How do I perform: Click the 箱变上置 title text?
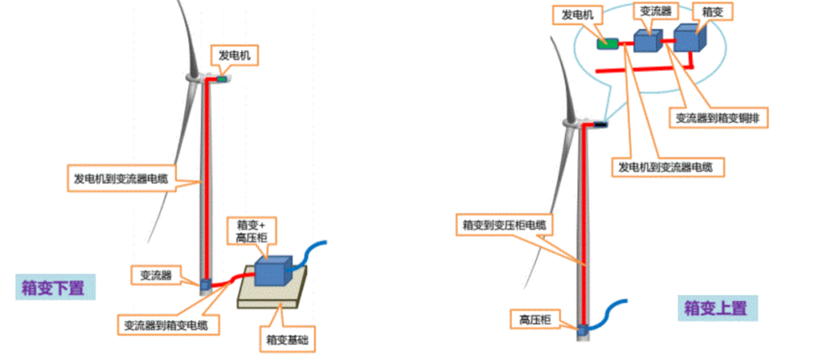[x=715, y=308]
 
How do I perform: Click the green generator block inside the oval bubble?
[x=607, y=44]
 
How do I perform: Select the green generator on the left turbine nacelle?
[x=222, y=78]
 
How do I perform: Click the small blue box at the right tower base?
[x=582, y=330]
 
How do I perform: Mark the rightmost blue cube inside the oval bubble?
[x=687, y=38]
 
